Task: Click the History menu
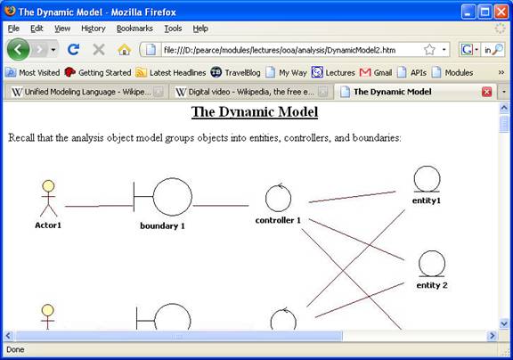click(x=94, y=29)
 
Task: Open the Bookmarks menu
click(x=134, y=29)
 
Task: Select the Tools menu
click(x=173, y=29)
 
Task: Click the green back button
click(x=19, y=50)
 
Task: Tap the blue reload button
click(x=73, y=50)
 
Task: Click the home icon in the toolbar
click(x=125, y=50)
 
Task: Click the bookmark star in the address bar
click(x=429, y=50)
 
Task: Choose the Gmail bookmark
click(x=376, y=72)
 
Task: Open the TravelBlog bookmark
click(x=235, y=72)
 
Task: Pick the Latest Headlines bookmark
click(x=171, y=72)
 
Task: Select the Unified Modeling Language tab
click(x=86, y=92)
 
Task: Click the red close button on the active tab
click(x=486, y=92)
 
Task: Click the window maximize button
click(x=484, y=12)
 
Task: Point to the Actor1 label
click(x=48, y=225)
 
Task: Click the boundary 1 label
click(x=162, y=225)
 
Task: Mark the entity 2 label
click(x=432, y=285)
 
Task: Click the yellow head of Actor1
click(x=48, y=185)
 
